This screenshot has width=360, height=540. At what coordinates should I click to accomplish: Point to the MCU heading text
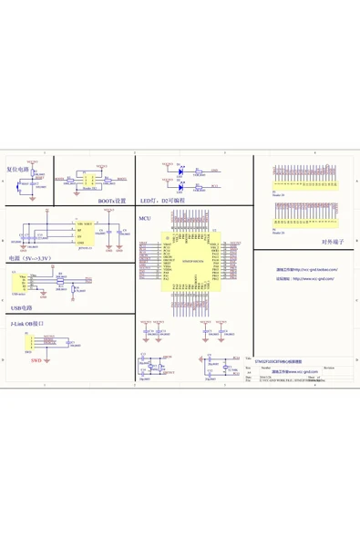(144, 220)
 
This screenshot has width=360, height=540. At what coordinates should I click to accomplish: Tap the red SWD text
(36, 361)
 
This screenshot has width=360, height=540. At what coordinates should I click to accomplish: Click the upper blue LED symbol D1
(182, 168)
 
